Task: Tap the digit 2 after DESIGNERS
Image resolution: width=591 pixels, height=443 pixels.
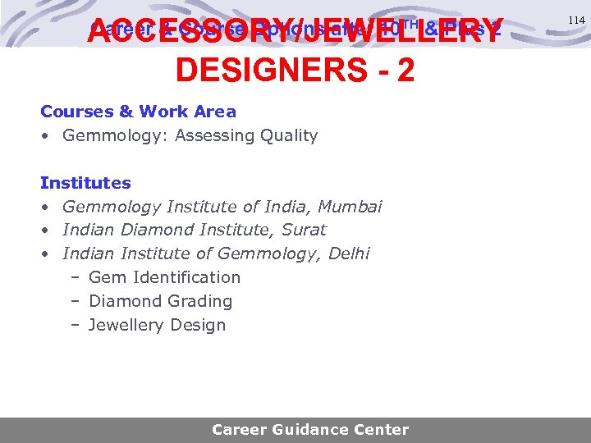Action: tap(405, 71)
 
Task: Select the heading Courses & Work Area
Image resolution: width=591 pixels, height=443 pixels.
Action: tap(138, 112)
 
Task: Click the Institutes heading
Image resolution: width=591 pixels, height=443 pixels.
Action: tap(85, 183)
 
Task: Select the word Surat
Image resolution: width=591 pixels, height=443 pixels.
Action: tap(304, 231)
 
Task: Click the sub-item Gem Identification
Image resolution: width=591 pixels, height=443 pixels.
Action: tap(164, 278)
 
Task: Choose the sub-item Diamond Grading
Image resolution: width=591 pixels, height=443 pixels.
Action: tap(160, 302)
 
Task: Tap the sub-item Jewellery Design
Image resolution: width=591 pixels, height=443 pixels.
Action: tap(157, 326)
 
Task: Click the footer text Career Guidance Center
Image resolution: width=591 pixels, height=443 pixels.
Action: tap(309, 429)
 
